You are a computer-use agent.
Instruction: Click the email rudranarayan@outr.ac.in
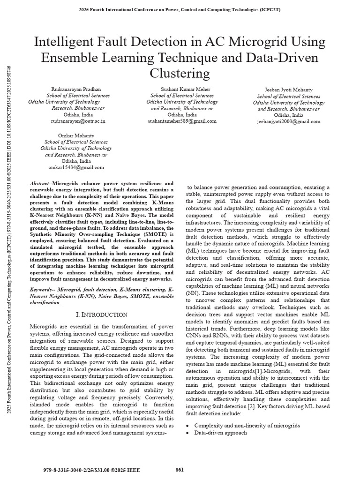click(78, 121)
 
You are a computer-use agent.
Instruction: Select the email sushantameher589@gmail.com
click(182, 121)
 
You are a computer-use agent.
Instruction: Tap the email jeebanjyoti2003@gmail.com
click(288, 121)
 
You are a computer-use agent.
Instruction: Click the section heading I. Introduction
click(101, 314)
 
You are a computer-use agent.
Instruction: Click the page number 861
click(180, 470)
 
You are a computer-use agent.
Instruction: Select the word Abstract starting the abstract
click(40, 184)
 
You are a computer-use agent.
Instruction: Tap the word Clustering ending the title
click(180, 74)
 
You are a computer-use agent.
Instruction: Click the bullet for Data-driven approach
click(188, 433)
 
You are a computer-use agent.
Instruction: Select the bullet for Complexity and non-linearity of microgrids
click(188, 426)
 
